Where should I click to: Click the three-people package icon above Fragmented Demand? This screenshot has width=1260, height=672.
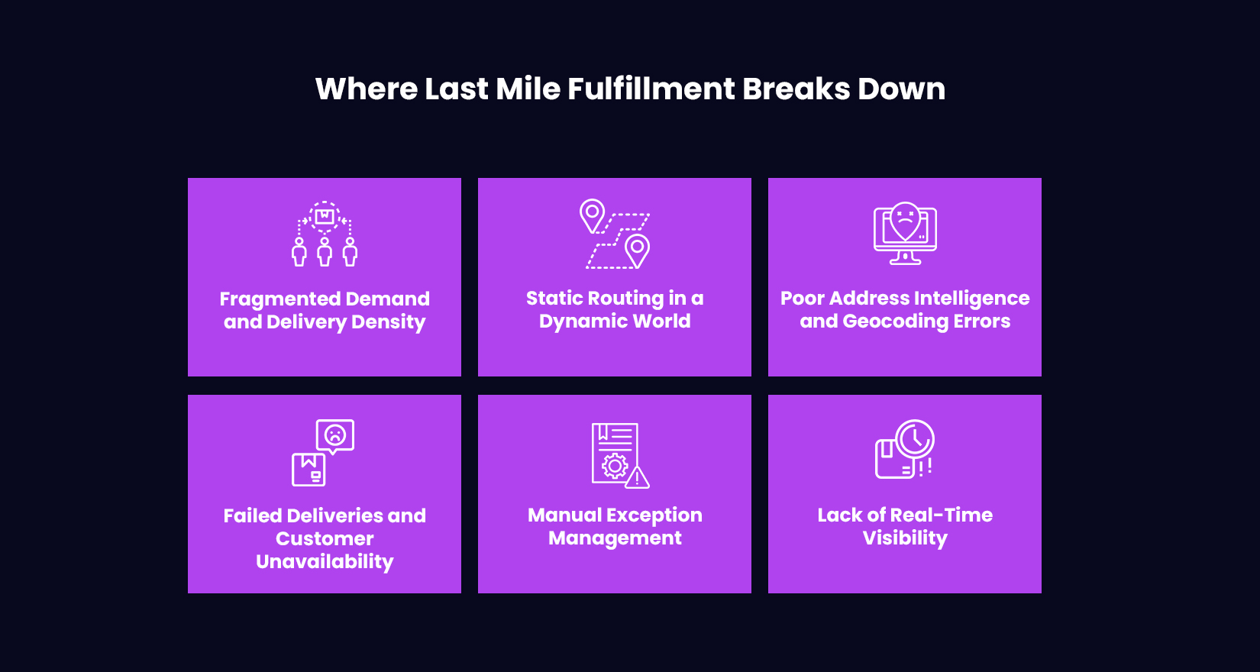pyautogui.click(x=325, y=234)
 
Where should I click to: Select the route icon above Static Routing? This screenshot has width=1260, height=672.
pyautogui.click(x=615, y=234)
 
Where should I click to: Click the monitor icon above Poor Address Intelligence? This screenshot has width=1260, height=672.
pyautogui.click(x=905, y=234)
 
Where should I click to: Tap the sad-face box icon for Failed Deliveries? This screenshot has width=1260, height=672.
pyautogui.click(x=324, y=452)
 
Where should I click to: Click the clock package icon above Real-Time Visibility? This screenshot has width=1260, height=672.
pyautogui.click(x=905, y=450)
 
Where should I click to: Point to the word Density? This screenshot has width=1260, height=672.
pyautogui.click(x=388, y=322)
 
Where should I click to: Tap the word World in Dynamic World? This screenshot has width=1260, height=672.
pyautogui.click(x=661, y=321)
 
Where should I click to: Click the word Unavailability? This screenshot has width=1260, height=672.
pyautogui.click(x=325, y=562)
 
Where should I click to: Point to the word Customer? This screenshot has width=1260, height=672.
pyautogui.click(x=325, y=538)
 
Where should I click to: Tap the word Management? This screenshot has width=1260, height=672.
pyautogui.click(x=615, y=538)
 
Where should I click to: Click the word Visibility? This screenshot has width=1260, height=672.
pyautogui.click(x=905, y=538)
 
